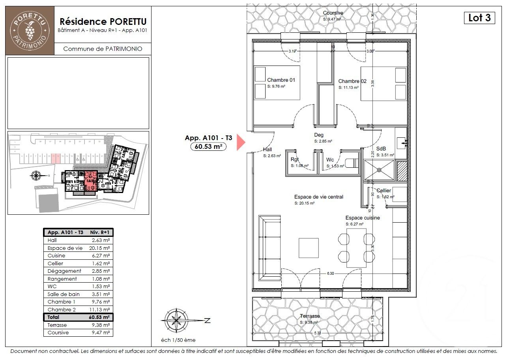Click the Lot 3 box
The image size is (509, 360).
(479, 18)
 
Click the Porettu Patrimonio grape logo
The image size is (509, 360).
(30, 30)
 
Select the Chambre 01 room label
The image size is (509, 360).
(281, 80)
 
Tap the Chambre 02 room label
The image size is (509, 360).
(352, 81)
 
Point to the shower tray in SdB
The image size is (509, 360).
(379, 170)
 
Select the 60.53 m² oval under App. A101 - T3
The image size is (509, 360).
(208, 147)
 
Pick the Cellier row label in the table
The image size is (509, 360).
(55, 263)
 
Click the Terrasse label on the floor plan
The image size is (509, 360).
(310, 316)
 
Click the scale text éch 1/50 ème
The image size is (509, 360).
(178, 340)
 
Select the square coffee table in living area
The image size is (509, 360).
(309, 247)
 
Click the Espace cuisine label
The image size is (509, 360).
(363, 218)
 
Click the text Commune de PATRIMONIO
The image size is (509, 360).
(102, 49)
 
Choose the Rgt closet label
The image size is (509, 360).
(295, 159)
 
